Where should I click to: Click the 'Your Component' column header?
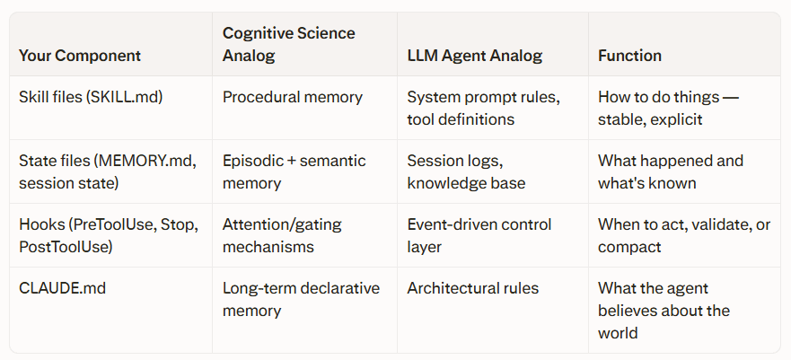click(x=80, y=56)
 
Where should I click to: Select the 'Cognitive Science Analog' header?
click(x=289, y=44)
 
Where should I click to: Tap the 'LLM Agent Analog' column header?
click(x=475, y=56)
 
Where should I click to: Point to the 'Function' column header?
click(x=630, y=56)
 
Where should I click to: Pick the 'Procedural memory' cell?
click(x=293, y=96)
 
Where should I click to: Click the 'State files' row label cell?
click(x=107, y=171)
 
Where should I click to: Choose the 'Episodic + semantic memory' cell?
click(x=294, y=171)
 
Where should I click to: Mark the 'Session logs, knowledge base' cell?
click(x=466, y=171)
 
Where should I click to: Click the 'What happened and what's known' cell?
click(x=671, y=171)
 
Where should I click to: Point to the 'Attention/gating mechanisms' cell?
click(x=282, y=235)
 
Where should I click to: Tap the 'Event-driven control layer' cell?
click(x=479, y=235)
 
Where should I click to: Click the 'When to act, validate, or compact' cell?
click(x=684, y=235)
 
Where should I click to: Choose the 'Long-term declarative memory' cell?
click(x=301, y=300)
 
